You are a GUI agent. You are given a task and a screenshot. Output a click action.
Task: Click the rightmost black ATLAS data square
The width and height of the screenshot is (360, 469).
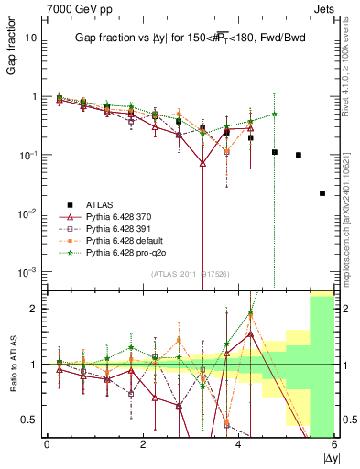click(322, 193)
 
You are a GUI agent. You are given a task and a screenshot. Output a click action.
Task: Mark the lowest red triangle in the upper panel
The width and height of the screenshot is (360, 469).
click(202, 163)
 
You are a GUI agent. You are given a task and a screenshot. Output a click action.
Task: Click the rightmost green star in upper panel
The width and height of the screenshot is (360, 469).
click(274, 114)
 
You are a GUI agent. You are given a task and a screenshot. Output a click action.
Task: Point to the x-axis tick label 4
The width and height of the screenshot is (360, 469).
click(239, 444)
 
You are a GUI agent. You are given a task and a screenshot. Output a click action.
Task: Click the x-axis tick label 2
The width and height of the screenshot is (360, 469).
click(143, 444)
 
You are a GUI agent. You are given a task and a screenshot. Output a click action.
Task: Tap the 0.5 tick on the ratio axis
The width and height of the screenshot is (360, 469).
click(29, 420)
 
